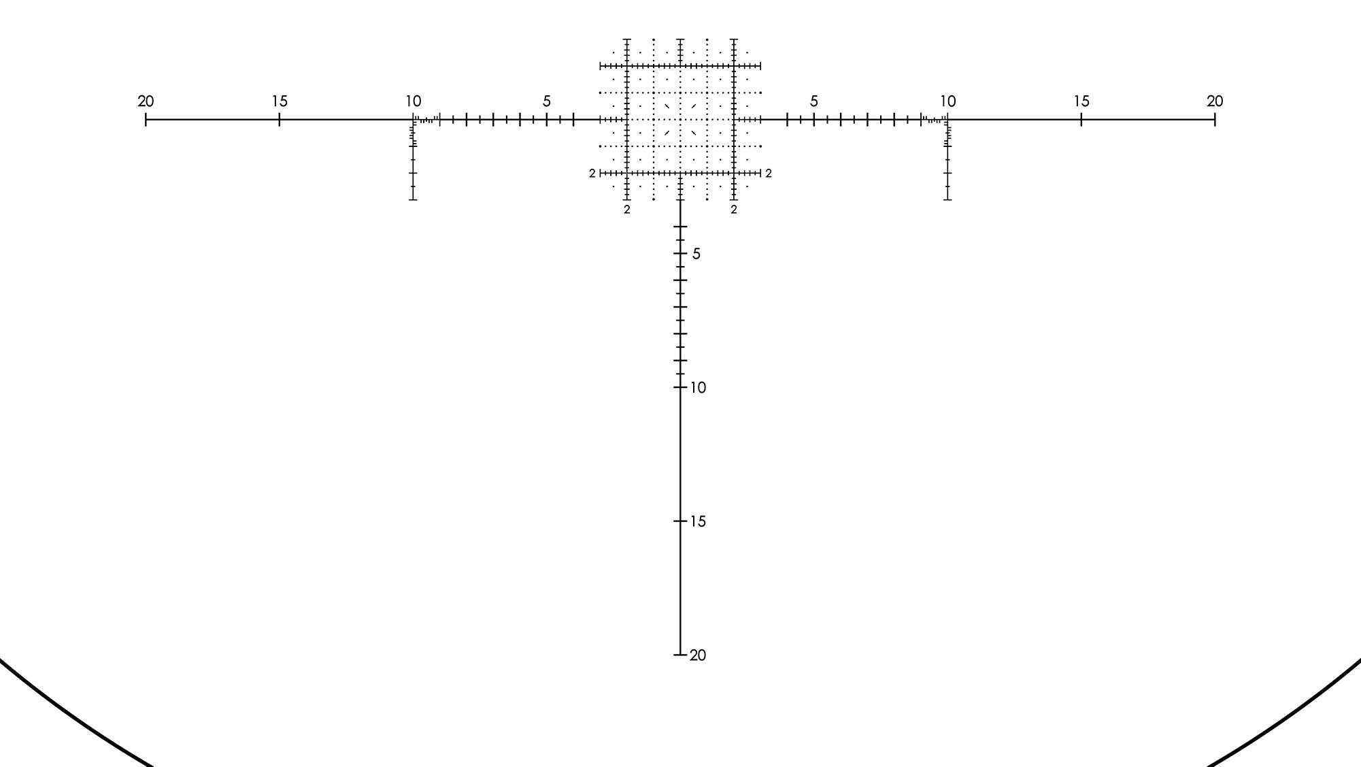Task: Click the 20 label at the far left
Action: (146, 101)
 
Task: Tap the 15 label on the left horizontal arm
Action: (280, 101)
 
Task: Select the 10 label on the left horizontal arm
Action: (413, 101)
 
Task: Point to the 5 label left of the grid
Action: (547, 101)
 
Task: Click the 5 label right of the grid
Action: (813, 101)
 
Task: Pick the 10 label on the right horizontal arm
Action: (947, 101)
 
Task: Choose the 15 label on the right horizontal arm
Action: (1081, 101)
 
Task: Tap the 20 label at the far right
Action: (1215, 101)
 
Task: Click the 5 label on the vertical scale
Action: (696, 254)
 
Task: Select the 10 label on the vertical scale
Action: (698, 388)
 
